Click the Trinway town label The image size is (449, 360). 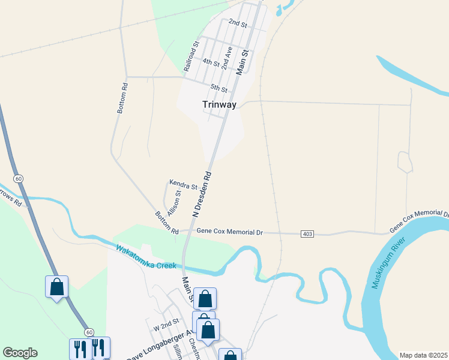[x=219, y=104]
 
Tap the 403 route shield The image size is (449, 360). [x=308, y=233]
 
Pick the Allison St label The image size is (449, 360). [x=174, y=202]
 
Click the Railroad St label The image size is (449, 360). [x=191, y=58]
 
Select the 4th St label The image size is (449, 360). [x=211, y=62]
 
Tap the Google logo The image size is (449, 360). [x=20, y=353]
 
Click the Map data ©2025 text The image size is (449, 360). [x=424, y=355]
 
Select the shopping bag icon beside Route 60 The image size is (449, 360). [x=56, y=286]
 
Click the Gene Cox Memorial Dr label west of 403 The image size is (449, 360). [x=230, y=231]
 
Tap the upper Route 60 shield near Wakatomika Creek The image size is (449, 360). [x=19, y=179]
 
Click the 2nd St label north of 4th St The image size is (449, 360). [x=238, y=24]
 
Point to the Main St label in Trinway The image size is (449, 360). [x=243, y=62]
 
